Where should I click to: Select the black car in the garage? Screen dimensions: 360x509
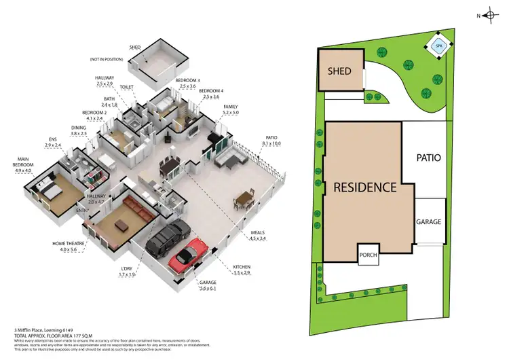pyautogui.click(x=167, y=237)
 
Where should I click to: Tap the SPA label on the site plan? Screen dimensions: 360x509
pyautogui.click(x=438, y=47)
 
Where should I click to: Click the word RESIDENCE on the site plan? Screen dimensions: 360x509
pyautogui.click(x=364, y=187)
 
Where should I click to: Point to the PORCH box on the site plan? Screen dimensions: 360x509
pyautogui.click(x=368, y=255)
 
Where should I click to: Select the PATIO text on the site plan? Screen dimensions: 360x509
pyautogui.click(x=428, y=158)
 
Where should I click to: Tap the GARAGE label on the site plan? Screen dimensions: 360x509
pyautogui.click(x=428, y=222)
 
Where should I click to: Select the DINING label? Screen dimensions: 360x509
pyautogui.click(x=79, y=127)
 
